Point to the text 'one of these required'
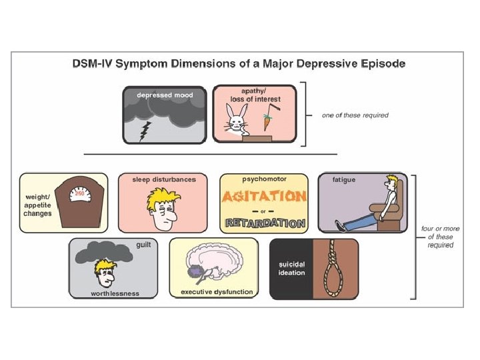(355, 115)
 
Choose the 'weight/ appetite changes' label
(38, 205)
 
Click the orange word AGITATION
(264, 197)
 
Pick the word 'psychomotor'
(263, 180)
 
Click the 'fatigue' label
(343, 180)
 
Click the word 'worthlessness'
(115, 293)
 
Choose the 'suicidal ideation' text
(291, 269)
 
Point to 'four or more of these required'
(440, 237)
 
